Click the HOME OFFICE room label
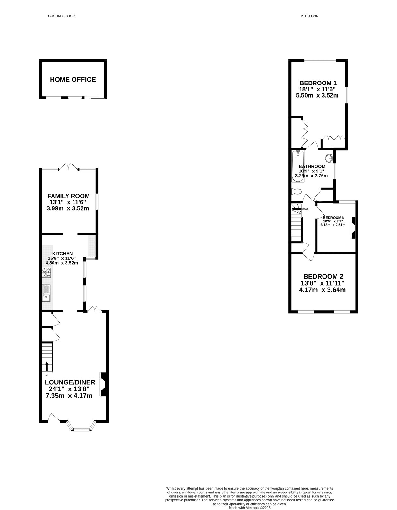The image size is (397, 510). [x=73, y=80]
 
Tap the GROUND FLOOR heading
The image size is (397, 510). [x=61, y=16]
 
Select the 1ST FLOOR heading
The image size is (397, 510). [x=309, y=16]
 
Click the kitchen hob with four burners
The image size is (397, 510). [x=46, y=273]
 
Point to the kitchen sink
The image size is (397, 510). [x=46, y=293]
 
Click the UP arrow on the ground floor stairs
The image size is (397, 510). [x=47, y=367]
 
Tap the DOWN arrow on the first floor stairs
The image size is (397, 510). [x=296, y=209]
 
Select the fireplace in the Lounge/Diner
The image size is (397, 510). [x=103, y=384]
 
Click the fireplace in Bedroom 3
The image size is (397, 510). [x=353, y=228]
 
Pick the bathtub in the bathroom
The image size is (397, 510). [x=298, y=166]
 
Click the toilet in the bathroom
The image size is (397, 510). [x=296, y=192]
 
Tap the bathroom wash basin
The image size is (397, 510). [x=329, y=157]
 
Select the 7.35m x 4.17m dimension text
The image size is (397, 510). [x=69, y=396]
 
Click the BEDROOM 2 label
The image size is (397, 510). [x=323, y=276]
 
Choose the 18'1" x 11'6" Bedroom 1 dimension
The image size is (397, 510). [x=317, y=89]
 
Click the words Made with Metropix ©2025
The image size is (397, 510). [x=249, y=508]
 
